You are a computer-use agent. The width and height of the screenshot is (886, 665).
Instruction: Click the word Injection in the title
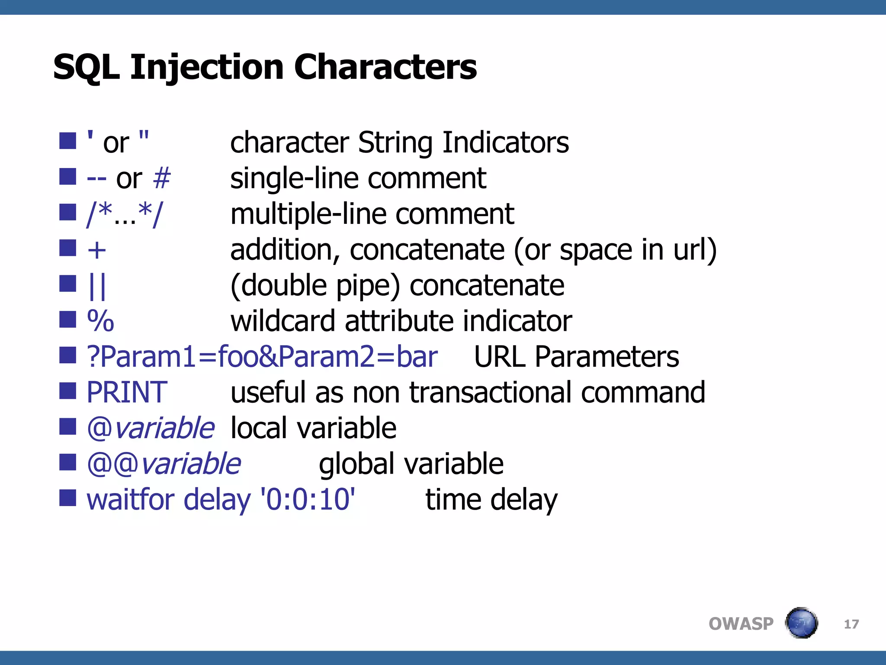click(207, 68)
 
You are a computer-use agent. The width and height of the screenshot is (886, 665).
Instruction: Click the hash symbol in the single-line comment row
click(162, 178)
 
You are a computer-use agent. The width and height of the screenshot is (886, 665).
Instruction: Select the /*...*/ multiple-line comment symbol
click(125, 214)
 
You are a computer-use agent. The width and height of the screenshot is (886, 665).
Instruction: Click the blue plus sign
click(96, 250)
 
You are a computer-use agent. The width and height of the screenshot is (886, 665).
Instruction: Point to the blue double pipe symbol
click(97, 286)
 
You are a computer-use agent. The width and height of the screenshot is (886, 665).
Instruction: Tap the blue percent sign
click(100, 321)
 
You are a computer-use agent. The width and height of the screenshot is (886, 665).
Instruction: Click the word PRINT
click(126, 392)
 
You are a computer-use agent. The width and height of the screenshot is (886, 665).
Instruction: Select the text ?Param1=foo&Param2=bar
click(262, 357)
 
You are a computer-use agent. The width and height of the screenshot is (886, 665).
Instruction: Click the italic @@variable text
click(164, 464)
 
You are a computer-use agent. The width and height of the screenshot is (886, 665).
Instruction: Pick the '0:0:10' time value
click(308, 499)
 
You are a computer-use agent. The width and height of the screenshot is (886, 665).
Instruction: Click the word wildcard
click(283, 321)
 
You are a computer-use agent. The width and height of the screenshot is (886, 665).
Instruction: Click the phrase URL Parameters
click(576, 357)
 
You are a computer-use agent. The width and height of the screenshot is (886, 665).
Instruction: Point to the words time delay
click(491, 499)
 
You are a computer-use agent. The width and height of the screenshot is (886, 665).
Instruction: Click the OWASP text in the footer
click(741, 624)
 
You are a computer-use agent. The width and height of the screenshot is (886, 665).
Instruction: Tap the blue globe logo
click(801, 623)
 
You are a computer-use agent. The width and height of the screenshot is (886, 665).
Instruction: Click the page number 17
click(851, 624)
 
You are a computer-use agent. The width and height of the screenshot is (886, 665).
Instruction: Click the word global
click(356, 464)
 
